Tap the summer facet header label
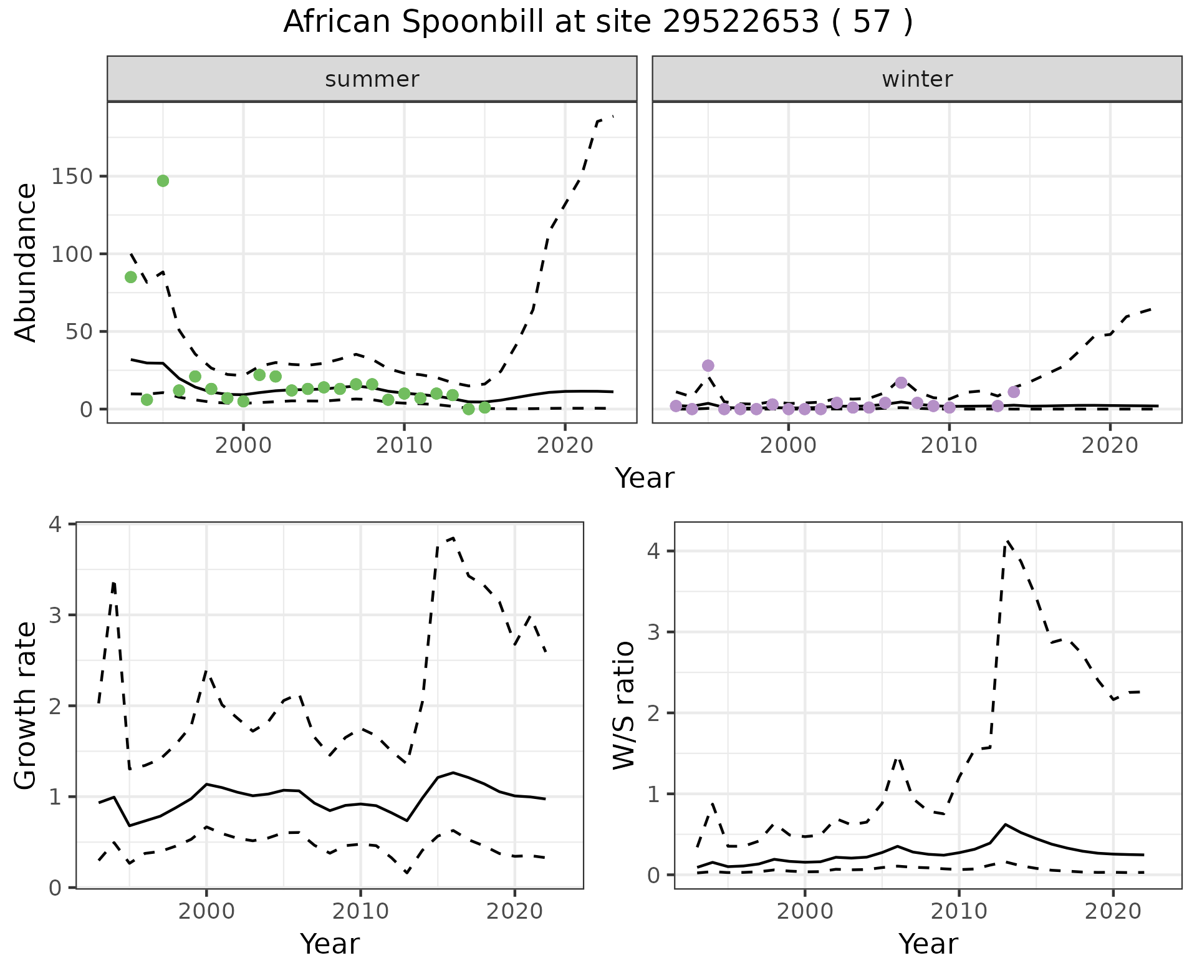click(x=372, y=79)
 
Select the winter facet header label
click(x=917, y=79)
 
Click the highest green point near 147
click(x=163, y=181)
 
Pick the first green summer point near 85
click(x=131, y=277)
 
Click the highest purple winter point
click(x=708, y=365)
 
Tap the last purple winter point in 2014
click(x=1014, y=392)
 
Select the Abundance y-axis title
click(x=26, y=262)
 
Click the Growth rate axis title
click(x=26, y=705)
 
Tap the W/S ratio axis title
click(x=624, y=705)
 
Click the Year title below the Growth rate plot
click(x=330, y=944)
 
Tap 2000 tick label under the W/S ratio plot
click(x=805, y=911)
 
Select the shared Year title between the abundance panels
click(x=645, y=478)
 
